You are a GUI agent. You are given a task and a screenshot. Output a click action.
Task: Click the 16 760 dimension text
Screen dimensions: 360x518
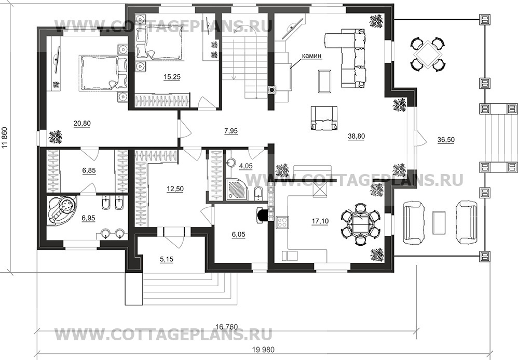click(226, 327)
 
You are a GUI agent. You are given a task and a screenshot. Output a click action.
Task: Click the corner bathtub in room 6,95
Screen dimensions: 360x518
click(63, 211)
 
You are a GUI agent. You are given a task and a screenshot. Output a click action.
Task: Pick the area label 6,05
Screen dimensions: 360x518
click(239, 234)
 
